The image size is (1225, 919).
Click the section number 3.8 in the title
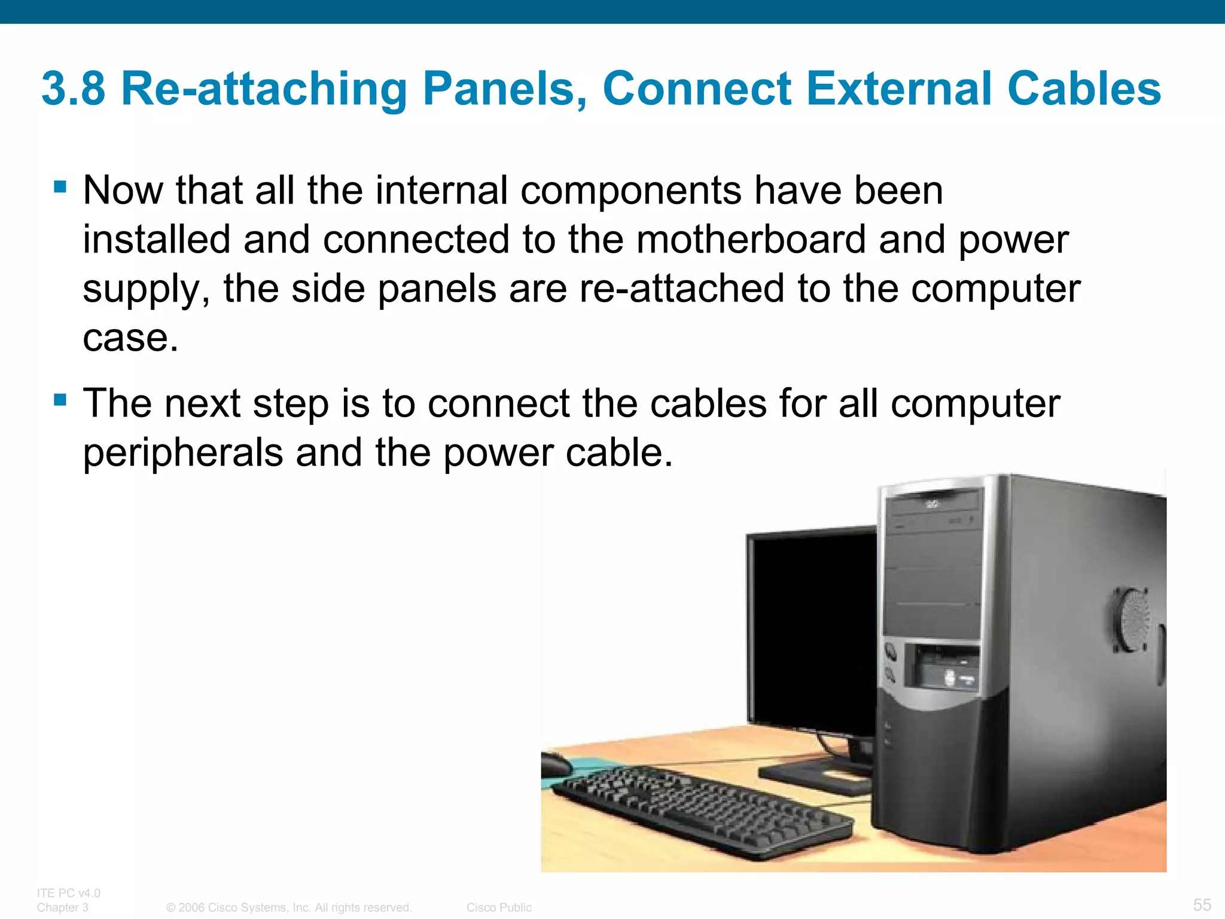point(73,89)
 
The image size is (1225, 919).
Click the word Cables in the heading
point(1084,89)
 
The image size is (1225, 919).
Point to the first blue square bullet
point(60,187)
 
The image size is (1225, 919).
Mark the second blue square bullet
point(60,399)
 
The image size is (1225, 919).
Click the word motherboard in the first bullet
point(751,239)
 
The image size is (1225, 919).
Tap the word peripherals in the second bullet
point(182,452)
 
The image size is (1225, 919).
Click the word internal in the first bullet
point(442,190)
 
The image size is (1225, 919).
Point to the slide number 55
point(1202,905)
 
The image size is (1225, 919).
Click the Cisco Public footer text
point(499,908)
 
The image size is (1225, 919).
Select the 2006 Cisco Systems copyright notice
point(289,908)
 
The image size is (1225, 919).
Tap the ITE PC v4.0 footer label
point(69,893)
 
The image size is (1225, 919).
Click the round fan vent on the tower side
point(1132,620)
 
